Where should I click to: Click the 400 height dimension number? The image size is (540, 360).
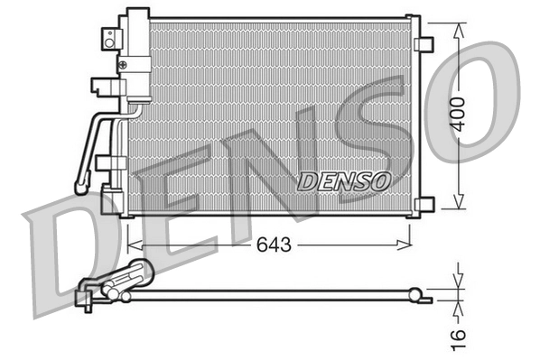(460, 114)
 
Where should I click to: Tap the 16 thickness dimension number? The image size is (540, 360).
(460, 333)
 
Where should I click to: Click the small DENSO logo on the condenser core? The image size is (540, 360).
(343, 181)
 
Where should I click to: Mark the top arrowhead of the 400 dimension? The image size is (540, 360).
(460, 28)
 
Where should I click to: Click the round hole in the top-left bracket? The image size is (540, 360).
(108, 36)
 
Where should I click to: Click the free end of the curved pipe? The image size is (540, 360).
(81, 189)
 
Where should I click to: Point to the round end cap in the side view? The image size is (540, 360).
(415, 292)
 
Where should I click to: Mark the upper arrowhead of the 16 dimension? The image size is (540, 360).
(460, 282)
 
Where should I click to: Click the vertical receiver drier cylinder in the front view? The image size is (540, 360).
(137, 54)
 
